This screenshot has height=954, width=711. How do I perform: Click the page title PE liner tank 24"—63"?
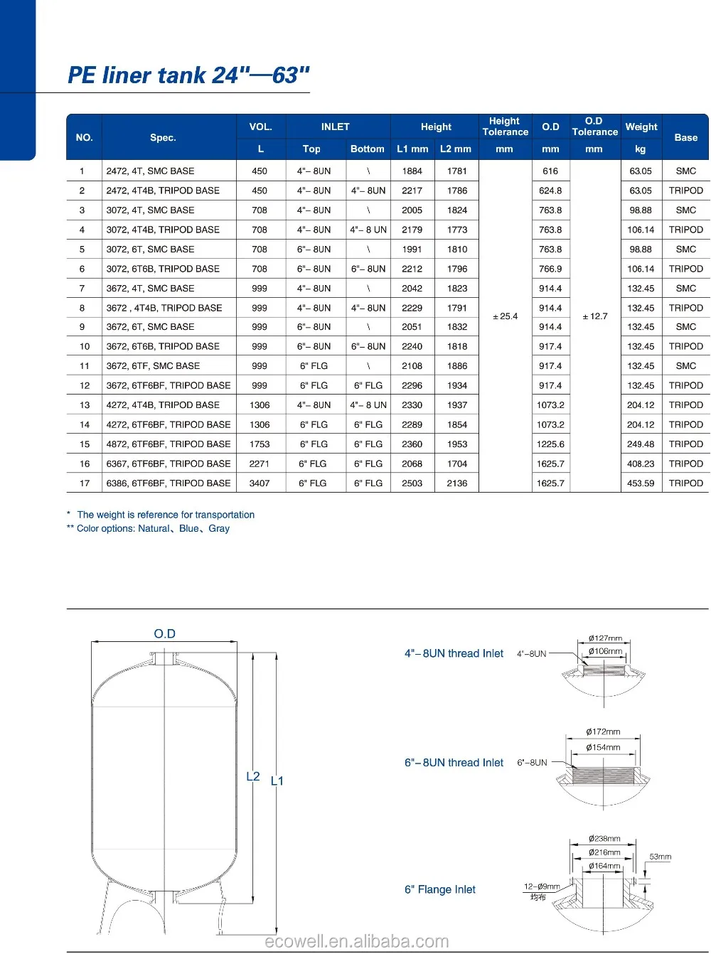pos(188,75)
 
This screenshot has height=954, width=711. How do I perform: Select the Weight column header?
pos(641,127)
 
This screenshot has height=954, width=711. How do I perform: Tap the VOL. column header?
pos(260,127)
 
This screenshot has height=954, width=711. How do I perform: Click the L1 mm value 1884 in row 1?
pos(412,171)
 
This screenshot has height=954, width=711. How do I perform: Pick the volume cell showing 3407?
pos(260,483)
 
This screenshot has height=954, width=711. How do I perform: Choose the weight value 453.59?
pos(641,483)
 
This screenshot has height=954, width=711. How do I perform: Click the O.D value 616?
pos(550,171)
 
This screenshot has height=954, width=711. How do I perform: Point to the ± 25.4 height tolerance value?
pos(505,316)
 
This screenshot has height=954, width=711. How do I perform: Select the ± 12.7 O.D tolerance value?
pos(594,316)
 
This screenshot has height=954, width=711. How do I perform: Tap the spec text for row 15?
pos(169,444)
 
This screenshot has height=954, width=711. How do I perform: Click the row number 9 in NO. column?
pos(82,327)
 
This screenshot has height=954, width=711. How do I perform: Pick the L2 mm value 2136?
pos(457,483)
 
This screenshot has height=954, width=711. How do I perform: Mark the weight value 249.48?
pos(641,444)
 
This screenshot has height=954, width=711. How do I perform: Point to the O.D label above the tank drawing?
pos(164,634)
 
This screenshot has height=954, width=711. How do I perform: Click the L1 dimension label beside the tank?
pos(277,781)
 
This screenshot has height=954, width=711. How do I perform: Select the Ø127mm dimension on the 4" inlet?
pos(605,638)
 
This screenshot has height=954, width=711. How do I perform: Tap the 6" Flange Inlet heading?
pos(440,890)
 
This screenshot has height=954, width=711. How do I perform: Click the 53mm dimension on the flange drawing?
pos(660,857)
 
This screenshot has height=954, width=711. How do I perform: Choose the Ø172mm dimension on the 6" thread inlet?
pos(603,732)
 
